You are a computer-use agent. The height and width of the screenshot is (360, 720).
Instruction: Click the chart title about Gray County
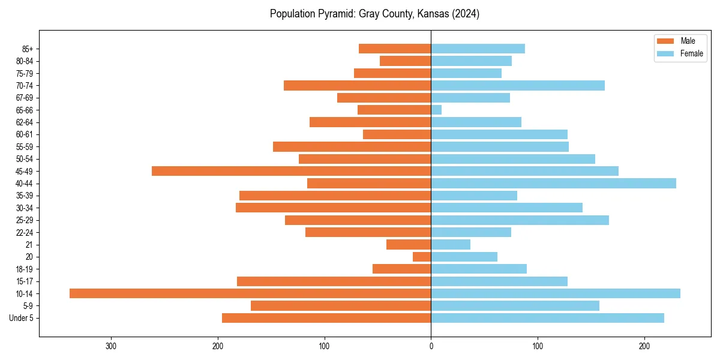pyautogui.click(x=374, y=14)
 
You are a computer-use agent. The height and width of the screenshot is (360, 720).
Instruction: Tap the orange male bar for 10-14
pyautogui.click(x=250, y=293)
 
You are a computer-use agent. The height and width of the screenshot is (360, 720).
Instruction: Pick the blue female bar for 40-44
pyautogui.click(x=553, y=184)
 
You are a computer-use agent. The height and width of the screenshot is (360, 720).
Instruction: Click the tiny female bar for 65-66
pyautogui.click(x=436, y=110)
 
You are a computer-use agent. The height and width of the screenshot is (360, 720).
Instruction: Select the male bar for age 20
pyautogui.click(x=422, y=257)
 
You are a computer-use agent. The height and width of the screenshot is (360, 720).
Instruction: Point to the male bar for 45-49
pyautogui.click(x=291, y=171)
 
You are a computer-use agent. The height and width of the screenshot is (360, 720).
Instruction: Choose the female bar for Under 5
pyautogui.click(x=547, y=318)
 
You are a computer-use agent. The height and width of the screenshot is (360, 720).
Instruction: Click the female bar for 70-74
pyautogui.click(x=518, y=86)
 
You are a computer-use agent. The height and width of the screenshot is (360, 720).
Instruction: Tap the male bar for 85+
pyautogui.click(x=395, y=49)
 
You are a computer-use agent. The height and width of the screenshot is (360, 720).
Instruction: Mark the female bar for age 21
pyautogui.click(x=451, y=245)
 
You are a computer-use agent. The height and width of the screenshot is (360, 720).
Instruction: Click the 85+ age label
pyautogui.click(x=28, y=49)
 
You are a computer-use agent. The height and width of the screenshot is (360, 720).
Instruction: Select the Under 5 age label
pyautogui.click(x=21, y=318)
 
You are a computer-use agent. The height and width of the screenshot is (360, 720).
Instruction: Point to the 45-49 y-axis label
pyautogui.click(x=25, y=171)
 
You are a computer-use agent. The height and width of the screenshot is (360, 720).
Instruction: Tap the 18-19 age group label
pyautogui.click(x=25, y=269)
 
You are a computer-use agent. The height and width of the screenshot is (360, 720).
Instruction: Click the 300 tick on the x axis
pyautogui.click(x=111, y=346)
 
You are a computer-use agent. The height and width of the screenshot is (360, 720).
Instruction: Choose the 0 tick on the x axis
pyautogui.click(x=431, y=346)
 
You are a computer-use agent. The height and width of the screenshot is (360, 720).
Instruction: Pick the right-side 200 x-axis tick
pyautogui.click(x=644, y=346)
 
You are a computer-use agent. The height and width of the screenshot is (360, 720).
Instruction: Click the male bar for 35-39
pyautogui.click(x=335, y=196)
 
